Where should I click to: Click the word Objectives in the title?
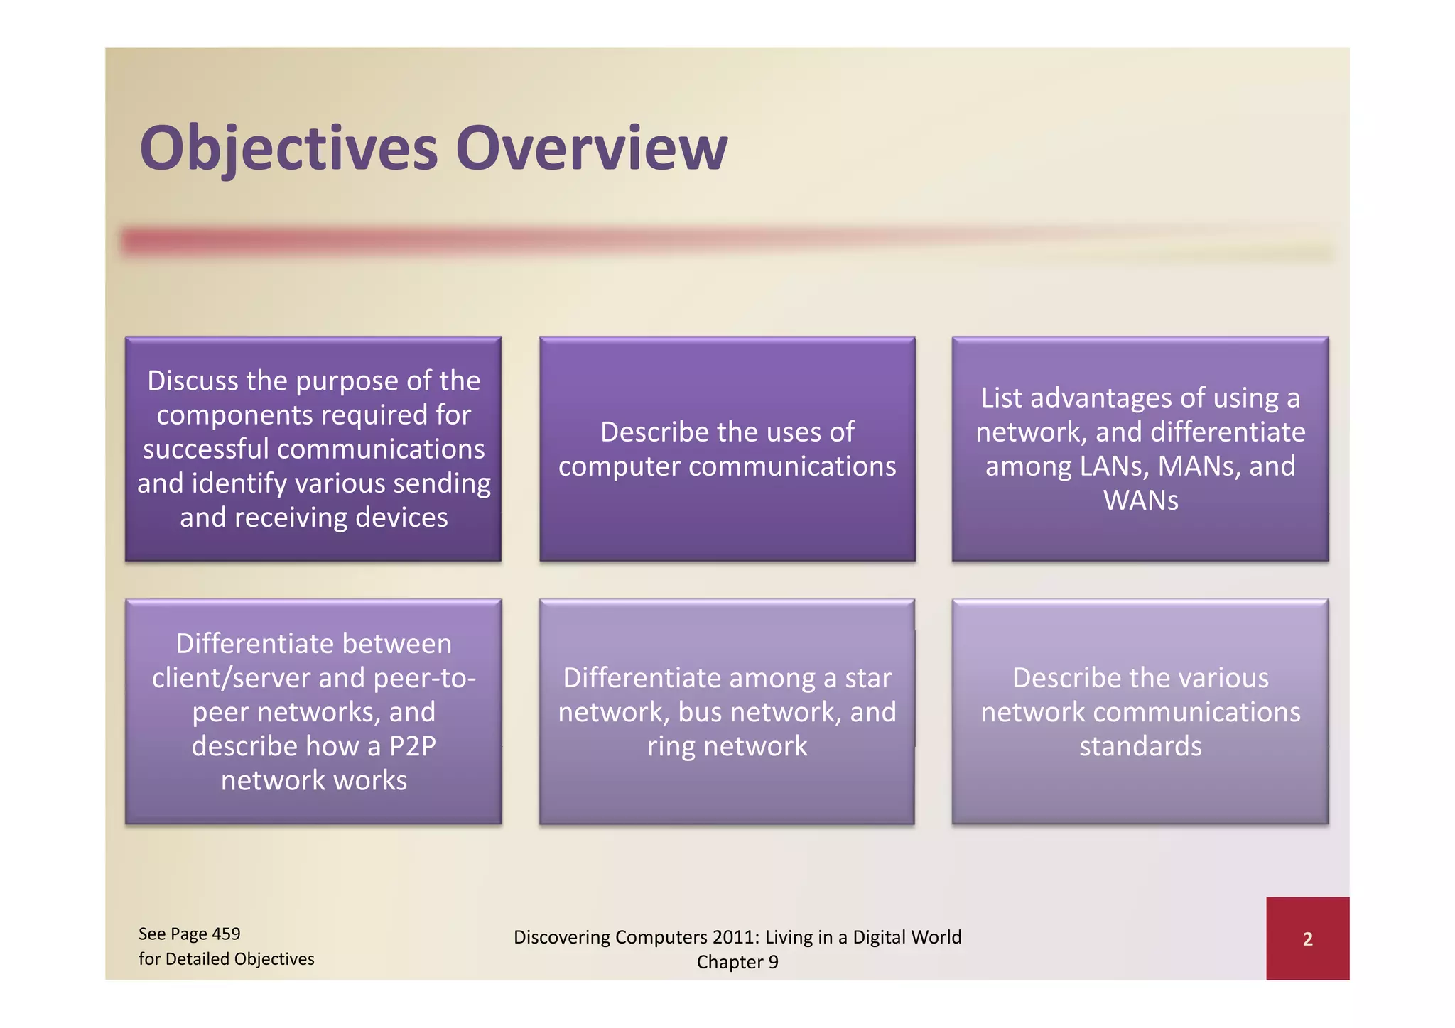click(x=288, y=149)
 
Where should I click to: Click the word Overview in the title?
click(x=591, y=149)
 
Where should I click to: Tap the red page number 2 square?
click(x=1307, y=939)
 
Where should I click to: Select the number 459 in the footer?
click(x=226, y=934)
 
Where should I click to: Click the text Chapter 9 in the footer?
click(x=737, y=962)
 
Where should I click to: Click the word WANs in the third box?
click(x=1140, y=501)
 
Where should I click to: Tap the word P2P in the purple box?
click(x=412, y=746)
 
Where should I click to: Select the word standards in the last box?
click(x=1140, y=746)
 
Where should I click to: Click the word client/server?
click(x=231, y=678)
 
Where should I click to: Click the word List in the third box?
click(x=1002, y=398)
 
